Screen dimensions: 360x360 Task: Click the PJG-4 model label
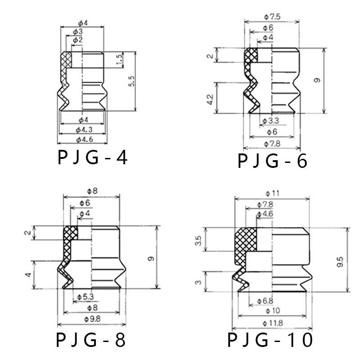pyautogui.click(x=93, y=157)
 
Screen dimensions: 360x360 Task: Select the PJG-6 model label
pyautogui.click(x=272, y=161)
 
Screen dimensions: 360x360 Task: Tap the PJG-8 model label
pyautogui.click(x=91, y=340)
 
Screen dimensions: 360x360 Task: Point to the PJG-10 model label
pyautogui.click(x=270, y=340)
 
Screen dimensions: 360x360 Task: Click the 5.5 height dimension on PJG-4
pyautogui.click(x=131, y=81)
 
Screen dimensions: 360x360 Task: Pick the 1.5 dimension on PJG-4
pyautogui.click(x=119, y=59)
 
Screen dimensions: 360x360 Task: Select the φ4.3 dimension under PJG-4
pyautogui.click(x=84, y=130)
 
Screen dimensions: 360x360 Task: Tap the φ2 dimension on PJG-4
pyautogui.click(x=77, y=40)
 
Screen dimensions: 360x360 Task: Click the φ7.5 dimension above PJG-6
pyautogui.click(x=272, y=17)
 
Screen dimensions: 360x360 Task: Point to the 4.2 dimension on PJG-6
pyautogui.click(x=210, y=99)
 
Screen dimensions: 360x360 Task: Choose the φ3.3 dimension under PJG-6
pyautogui.click(x=271, y=121)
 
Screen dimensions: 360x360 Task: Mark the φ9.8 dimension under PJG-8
pyautogui.click(x=92, y=319)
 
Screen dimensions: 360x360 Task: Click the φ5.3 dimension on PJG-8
pyautogui.click(x=85, y=297)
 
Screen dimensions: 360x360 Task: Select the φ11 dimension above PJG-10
pyautogui.click(x=273, y=193)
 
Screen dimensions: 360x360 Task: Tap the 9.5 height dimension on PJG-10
pyautogui.click(x=340, y=261)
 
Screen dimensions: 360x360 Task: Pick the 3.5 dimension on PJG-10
pyautogui.click(x=198, y=241)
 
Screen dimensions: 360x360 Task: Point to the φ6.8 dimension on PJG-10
pyautogui.click(x=265, y=301)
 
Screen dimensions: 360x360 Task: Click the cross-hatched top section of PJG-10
pyautogui.click(x=246, y=240)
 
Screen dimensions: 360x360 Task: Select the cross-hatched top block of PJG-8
pyautogui.click(x=71, y=233)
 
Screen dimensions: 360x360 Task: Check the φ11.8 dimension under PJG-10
pyautogui.click(x=273, y=323)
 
